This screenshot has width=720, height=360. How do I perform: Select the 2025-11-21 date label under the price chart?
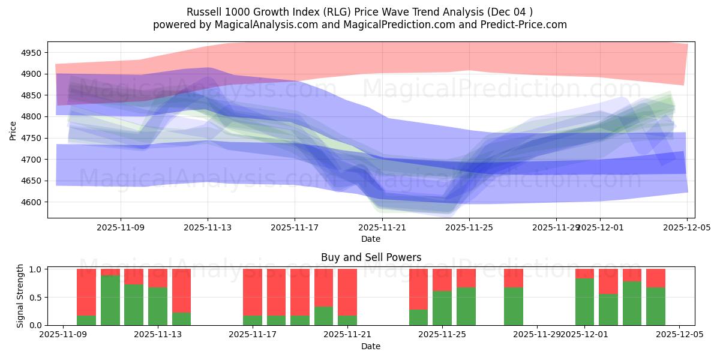pos(382,227)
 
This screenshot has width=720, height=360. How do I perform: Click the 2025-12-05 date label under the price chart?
pos(687,227)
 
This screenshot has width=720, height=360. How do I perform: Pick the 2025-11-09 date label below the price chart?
pos(121,227)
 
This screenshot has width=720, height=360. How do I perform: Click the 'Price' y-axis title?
pos(13,130)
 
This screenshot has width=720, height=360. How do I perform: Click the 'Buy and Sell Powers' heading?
pos(371,257)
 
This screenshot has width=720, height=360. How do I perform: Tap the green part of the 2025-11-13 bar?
pos(158,306)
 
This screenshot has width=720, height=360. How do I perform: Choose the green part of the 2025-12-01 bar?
pos(584,302)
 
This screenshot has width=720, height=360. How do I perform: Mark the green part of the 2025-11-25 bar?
pos(442,308)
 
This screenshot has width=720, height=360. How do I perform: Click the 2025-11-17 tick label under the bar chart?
pos(253,335)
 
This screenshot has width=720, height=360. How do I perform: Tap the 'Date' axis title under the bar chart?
pos(371,346)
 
